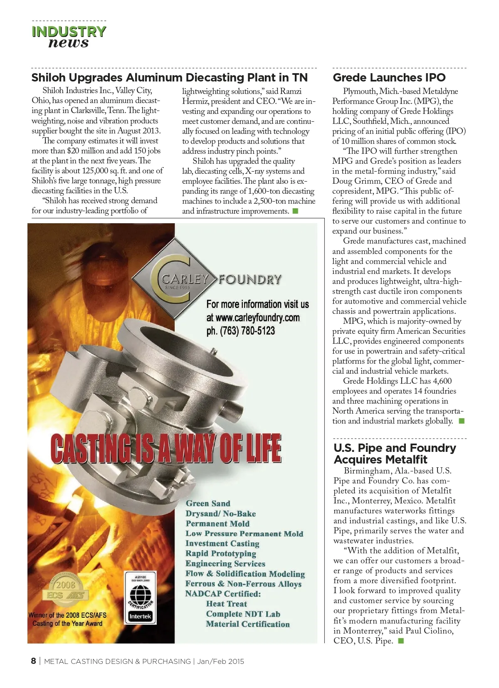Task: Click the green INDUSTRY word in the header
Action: [69, 32]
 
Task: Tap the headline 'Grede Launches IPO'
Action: [389, 78]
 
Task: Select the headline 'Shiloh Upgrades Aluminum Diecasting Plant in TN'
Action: [170, 78]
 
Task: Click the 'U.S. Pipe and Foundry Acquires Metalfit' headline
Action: [394, 454]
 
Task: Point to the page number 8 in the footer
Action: [33, 661]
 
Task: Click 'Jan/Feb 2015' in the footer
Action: [220, 661]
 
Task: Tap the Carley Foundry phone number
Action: [240, 331]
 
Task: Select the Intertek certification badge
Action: [140, 597]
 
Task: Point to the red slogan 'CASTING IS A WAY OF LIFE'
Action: [166, 449]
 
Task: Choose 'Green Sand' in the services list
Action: [208, 503]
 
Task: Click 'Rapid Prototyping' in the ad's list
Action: [220, 554]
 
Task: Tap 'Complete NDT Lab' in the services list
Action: [243, 614]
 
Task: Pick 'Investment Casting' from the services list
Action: [222, 544]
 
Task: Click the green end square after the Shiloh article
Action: [296, 211]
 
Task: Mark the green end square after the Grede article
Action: [461, 421]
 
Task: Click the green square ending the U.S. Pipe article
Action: [401, 641]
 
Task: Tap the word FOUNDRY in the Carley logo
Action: [250, 279]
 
